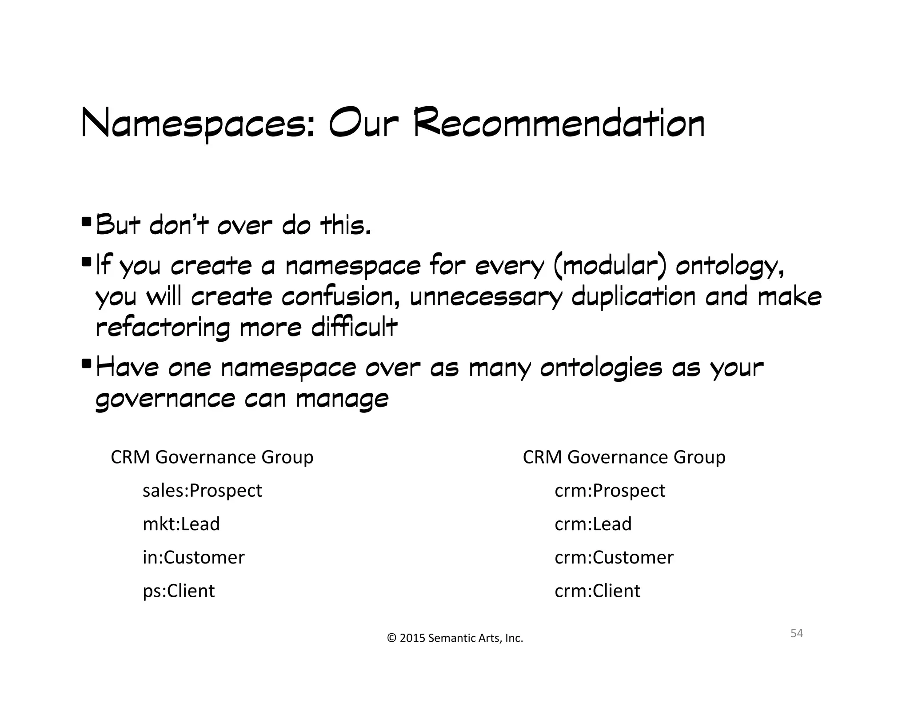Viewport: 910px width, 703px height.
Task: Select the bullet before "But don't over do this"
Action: point(86,221)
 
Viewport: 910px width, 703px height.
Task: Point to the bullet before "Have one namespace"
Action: point(86,363)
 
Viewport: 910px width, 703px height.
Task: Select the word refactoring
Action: point(163,328)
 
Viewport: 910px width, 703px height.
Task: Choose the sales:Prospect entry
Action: point(202,491)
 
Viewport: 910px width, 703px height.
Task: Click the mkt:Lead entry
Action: point(181,524)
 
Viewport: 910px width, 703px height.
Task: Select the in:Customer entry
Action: point(193,557)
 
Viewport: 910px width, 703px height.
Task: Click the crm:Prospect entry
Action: point(610,491)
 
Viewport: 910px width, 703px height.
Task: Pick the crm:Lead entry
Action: point(593,524)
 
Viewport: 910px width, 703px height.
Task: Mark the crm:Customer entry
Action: point(614,557)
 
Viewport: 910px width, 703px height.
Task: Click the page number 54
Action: point(796,633)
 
